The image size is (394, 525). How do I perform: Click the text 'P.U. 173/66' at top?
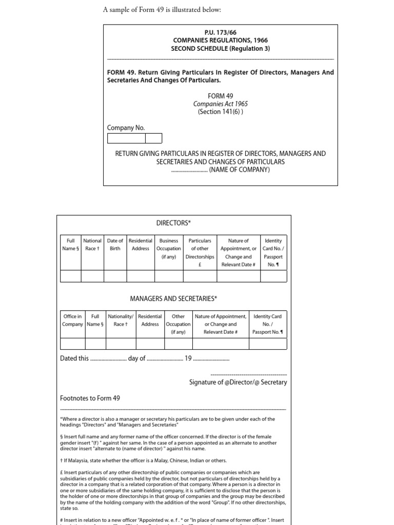point(220,32)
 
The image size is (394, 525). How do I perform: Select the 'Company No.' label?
point(126,128)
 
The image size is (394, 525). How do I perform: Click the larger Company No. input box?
point(126,138)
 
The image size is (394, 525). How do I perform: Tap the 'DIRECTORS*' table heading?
point(173,223)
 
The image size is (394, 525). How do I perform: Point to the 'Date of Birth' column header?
point(115,245)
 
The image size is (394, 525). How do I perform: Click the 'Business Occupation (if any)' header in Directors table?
point(169,248)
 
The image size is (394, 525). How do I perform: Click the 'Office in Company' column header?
point(72,320)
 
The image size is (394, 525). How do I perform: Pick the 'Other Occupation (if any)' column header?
point(178,324)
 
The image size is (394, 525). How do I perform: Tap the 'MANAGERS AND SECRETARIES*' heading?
point(173,298)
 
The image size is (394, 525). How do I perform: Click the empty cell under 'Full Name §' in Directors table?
point(71,276)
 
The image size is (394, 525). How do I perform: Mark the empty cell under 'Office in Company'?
point(72,344)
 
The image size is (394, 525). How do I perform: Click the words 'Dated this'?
point(74,358)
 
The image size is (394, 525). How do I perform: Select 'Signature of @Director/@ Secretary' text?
point(238,382)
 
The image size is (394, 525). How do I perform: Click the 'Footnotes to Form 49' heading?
point(90,398)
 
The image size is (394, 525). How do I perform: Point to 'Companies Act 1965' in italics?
point(220,104)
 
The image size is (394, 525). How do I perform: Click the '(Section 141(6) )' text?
point(220,111)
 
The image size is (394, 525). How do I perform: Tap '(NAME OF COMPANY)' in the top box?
point(239,170)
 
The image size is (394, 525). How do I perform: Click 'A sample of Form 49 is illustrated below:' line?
point(162,10)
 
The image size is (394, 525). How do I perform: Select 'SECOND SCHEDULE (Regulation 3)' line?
point(220,49)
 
